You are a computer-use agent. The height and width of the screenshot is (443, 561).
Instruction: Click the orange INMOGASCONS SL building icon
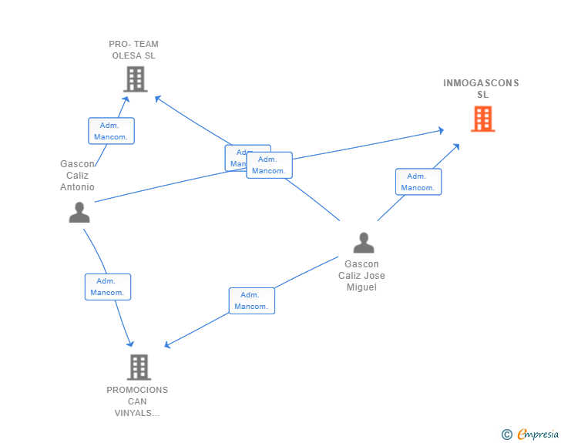[x=482, y=119]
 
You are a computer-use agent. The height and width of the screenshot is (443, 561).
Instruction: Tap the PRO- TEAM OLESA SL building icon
[x=135, y=79]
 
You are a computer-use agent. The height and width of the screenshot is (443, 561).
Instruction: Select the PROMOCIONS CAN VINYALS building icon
[x=138, y=367]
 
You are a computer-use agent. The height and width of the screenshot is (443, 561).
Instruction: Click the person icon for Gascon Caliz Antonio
[x=79, y=212]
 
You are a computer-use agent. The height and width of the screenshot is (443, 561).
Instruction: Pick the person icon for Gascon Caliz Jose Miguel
[x=363, y=243]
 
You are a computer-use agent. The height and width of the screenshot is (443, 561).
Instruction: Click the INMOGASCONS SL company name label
[x=482, y=89]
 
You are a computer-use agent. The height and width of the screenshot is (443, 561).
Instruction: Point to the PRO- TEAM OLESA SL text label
[x=134, y=50]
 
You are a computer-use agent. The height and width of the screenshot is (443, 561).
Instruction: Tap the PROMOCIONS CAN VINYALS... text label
[x=137, y=401]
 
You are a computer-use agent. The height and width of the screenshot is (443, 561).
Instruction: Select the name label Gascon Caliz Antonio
[x=77, y=176]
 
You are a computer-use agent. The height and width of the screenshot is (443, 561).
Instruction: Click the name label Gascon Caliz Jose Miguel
[x=361, y=276]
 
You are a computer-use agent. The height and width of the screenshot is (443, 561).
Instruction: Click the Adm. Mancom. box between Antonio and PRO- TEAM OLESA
[x=111, y=131]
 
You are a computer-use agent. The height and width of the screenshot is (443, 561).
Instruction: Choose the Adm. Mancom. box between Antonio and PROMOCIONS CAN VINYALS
[x=107, y=287]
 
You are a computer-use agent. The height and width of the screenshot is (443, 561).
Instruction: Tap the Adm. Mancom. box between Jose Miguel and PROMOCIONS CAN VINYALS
[x=251, y=300]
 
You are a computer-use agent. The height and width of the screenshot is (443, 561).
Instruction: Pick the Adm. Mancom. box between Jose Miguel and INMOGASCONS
[x=418, y=182]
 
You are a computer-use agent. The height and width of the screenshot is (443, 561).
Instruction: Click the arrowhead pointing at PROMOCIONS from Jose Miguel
[x=169, y=344]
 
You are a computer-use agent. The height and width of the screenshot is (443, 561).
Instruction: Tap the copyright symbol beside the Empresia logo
[x=507, y=435]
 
